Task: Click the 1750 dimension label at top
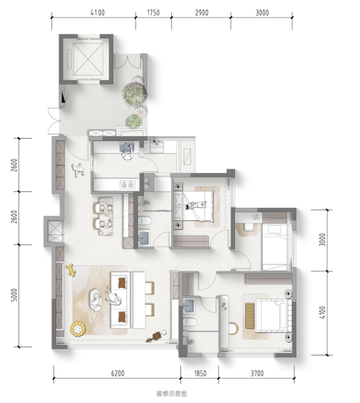point(154,12)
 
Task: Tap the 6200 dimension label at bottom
point(118,373)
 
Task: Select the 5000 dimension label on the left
point(14,296)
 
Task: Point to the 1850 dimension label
point(200,373)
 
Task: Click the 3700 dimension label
point(257,373)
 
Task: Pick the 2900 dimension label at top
point(202,12)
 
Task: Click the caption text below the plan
point(171,393)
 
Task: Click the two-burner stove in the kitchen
point(127,184)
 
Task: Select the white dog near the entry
point(77,170)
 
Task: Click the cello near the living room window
point(154,337)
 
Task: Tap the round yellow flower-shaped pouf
point(77,329)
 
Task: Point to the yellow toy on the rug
point(71,270)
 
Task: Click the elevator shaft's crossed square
point(88,59)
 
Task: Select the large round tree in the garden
point(134,93)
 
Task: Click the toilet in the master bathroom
point(189,322)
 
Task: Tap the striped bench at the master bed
point(249,315)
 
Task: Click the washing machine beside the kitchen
point(156,147)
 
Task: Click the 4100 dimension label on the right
point(322,313)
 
